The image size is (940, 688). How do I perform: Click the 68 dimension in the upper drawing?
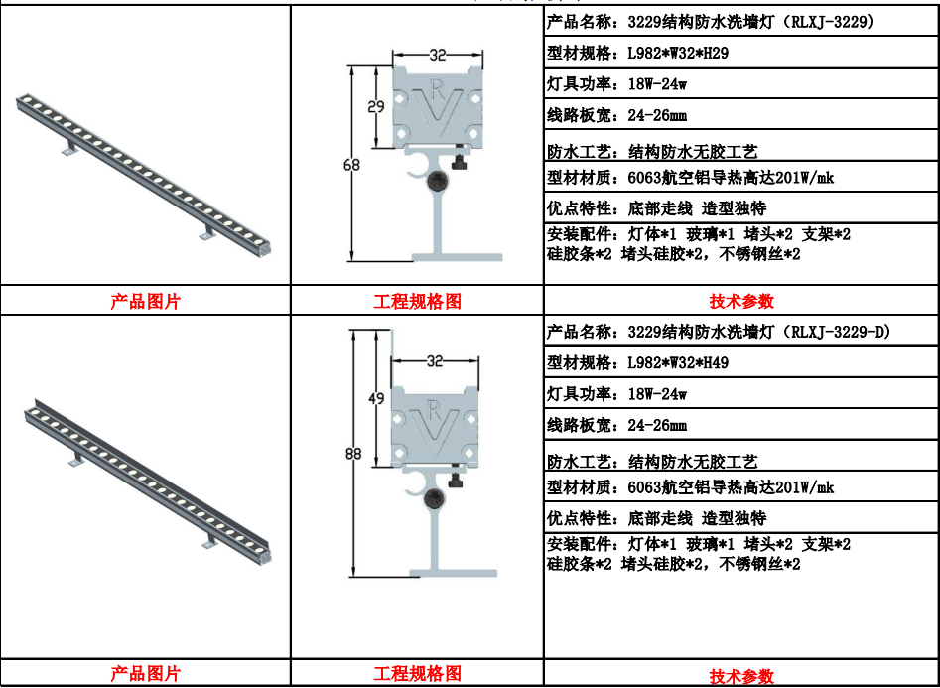(x=351, y=164)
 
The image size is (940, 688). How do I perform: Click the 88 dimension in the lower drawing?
(x=353, y=454)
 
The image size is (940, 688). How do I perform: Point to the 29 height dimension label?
(x=376, y=107)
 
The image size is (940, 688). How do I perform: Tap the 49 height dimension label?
(x=376, y=398)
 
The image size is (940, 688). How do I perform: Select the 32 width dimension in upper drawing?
(x=438, y=56)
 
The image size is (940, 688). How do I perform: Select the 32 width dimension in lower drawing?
(x=435, y=361)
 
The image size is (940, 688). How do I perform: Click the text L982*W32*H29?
(x=678, y=54)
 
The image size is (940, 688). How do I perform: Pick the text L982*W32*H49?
(x=678, y=363)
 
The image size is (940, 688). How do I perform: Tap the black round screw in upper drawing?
(x=438, y=180)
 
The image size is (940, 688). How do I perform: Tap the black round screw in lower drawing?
(x=434, y=497)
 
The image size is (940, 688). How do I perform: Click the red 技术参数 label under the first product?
(x=741, y=301)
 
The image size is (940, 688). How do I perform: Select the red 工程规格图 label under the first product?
(x=417, y=301)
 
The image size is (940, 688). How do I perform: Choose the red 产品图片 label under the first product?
(x=145, y=301)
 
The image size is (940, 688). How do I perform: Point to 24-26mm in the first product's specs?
(x=657, y=115)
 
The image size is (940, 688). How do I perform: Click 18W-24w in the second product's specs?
(x=657, y=394)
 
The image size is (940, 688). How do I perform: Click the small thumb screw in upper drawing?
(x=461, y=160)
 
